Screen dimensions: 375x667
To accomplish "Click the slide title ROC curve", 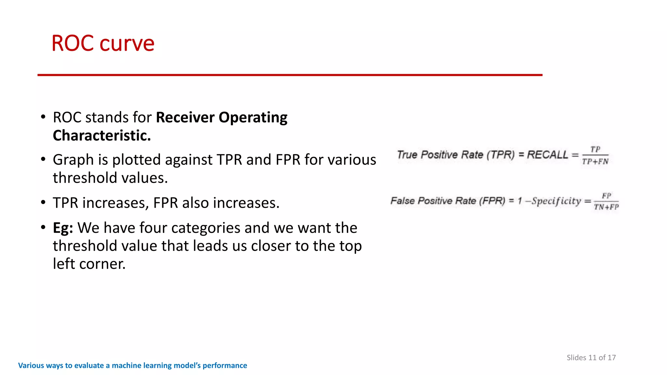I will coord(103,43).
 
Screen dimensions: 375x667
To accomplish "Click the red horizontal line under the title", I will coord(290,75).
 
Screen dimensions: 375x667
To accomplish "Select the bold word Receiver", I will coord(185,118).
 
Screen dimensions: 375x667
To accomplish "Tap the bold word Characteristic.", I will coord(102,136).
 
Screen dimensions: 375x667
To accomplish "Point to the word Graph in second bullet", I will coord(73,160).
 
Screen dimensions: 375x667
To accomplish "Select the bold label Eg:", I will coord(63,228).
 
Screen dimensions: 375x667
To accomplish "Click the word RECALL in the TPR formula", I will coord(547,155).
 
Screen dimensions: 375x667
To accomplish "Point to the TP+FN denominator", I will coord(595,161).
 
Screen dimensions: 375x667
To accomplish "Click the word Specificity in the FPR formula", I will coord(556,201).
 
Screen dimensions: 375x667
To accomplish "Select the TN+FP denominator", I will coord(606,207).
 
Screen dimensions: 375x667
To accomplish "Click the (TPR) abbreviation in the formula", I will coord(501,155).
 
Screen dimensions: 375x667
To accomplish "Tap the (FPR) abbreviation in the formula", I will coord(492,201).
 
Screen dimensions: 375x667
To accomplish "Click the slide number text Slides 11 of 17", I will coord(591,357).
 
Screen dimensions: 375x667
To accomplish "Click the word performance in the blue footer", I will coord(225,366).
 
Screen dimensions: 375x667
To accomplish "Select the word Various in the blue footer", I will coord(31,366).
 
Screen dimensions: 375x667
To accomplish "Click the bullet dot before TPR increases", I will coord(43,202).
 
